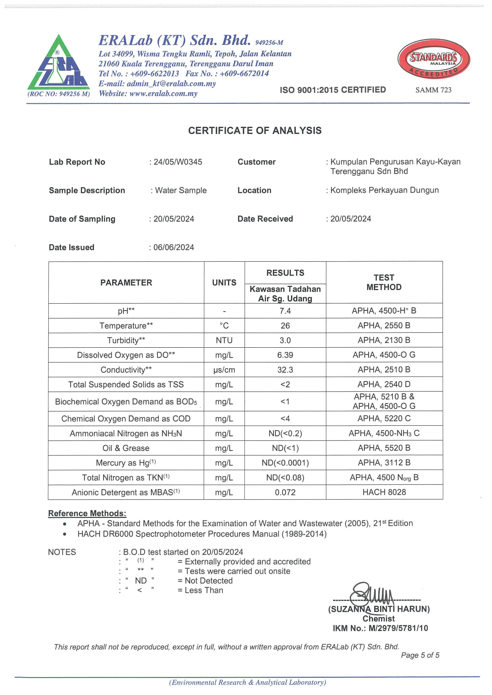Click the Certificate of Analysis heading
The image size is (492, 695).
tap(255, 131)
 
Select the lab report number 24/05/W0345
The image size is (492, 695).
tap(178, 162)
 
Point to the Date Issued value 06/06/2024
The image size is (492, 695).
tap(174, 248)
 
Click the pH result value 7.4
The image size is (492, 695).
tap(285, 311)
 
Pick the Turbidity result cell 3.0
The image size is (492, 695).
tap(285, 341)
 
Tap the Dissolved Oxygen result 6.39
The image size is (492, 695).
tap(285, 355)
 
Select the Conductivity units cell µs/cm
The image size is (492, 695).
tap(224, 370)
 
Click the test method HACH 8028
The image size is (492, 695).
tap(384, 492)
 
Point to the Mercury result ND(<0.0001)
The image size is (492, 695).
tap(285, 463)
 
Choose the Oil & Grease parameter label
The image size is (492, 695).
tap(126, 448)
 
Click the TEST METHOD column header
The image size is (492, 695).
tap(384, 282)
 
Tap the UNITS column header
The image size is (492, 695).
tap(224, 283)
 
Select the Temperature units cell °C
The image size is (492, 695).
tap(224, 326)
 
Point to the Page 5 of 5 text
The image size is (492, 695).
tap(420, 655)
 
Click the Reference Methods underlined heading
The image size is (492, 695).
tap(87, 513)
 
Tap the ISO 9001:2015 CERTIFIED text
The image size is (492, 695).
tap(333, 90)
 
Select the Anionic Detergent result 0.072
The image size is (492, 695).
tap(285, 493)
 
